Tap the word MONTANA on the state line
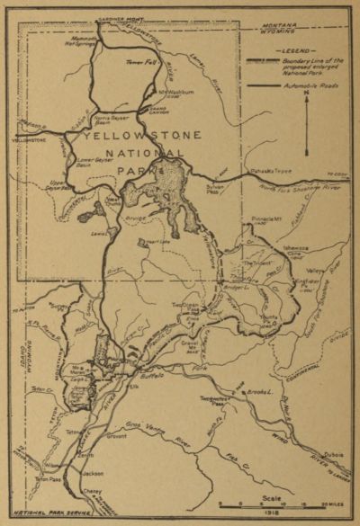tap(307, 30)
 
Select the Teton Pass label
tap(48, 480)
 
